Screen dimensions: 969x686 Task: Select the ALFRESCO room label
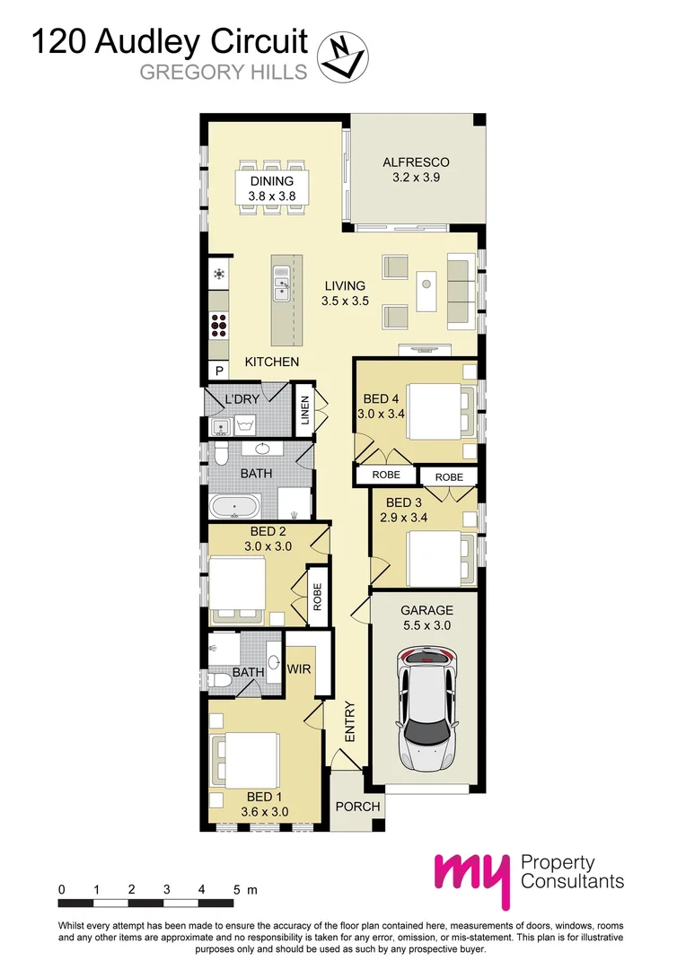click(415, 162)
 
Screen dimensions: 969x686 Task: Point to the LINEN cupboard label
click(305, 411)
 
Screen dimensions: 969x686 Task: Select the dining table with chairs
click(271, 187)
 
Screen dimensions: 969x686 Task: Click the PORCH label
click(357, 807)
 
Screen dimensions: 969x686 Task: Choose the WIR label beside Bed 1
click(298, 669)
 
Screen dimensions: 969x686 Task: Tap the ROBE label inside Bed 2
click(317, 596)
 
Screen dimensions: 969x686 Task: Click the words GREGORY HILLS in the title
click(224, 72)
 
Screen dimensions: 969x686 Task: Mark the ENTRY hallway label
click(350, 720)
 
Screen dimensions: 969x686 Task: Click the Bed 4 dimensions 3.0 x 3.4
click(382, 415)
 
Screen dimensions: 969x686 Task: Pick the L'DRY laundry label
click(242, 398)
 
